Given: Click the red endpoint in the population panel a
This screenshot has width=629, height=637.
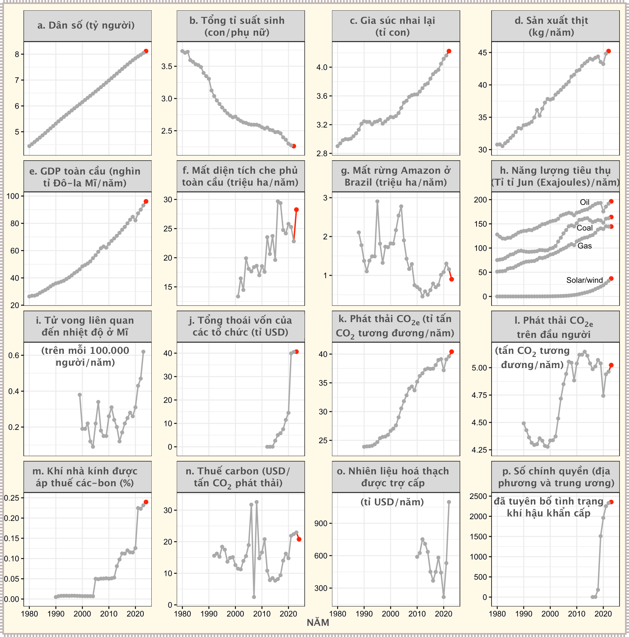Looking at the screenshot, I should (146, 51).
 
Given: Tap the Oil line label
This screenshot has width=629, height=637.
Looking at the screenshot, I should (585, 202).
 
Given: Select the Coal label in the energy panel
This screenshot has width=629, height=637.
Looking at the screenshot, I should (585, 228).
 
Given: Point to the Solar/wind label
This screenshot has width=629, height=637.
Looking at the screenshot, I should (584, 280).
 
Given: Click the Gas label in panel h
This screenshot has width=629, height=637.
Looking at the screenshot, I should (585, 246).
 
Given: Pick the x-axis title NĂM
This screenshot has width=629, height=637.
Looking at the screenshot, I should (318, 623).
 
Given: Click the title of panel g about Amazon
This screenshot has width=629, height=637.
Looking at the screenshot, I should (396, 177).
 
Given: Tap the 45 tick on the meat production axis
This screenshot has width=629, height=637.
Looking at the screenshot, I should (482, 53).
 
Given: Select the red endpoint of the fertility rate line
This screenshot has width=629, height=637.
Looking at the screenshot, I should (294, 146).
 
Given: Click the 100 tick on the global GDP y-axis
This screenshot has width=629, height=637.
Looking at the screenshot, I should (13, 196).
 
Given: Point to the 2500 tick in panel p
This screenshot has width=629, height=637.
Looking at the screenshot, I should (479, 496).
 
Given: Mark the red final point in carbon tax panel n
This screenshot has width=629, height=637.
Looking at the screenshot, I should (299, 539).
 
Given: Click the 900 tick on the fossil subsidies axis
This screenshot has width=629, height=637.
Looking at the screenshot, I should (321, 523).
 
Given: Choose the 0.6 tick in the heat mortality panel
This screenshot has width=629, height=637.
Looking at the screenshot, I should (14, 355).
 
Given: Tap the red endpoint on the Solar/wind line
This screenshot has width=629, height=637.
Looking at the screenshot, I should (611, 278).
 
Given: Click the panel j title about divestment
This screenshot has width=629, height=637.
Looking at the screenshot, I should (241, 326).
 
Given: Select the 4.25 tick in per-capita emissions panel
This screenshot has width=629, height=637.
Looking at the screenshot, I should (479, 450).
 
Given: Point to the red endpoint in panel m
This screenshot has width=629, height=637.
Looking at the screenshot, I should (146, 502).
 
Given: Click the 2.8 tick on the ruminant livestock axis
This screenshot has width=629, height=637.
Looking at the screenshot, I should (322, 153).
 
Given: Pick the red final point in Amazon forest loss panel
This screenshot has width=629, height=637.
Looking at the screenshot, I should (451, 279).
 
